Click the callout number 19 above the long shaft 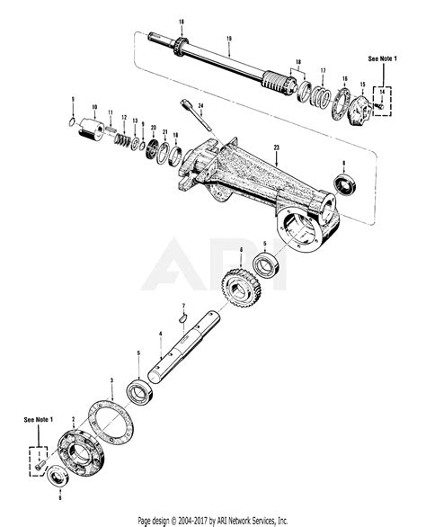[x=229, y=39]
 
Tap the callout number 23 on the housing [x=276, y=147]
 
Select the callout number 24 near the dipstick [x=202, y=106]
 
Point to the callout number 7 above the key [x=183, y=306]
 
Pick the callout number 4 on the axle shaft [x=159, y=334]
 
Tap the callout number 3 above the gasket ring [x=110, y=382]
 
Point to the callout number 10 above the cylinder [x=93, y=105]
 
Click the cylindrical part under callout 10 [x=93, y=130]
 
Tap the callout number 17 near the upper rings [x=323, y=69]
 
